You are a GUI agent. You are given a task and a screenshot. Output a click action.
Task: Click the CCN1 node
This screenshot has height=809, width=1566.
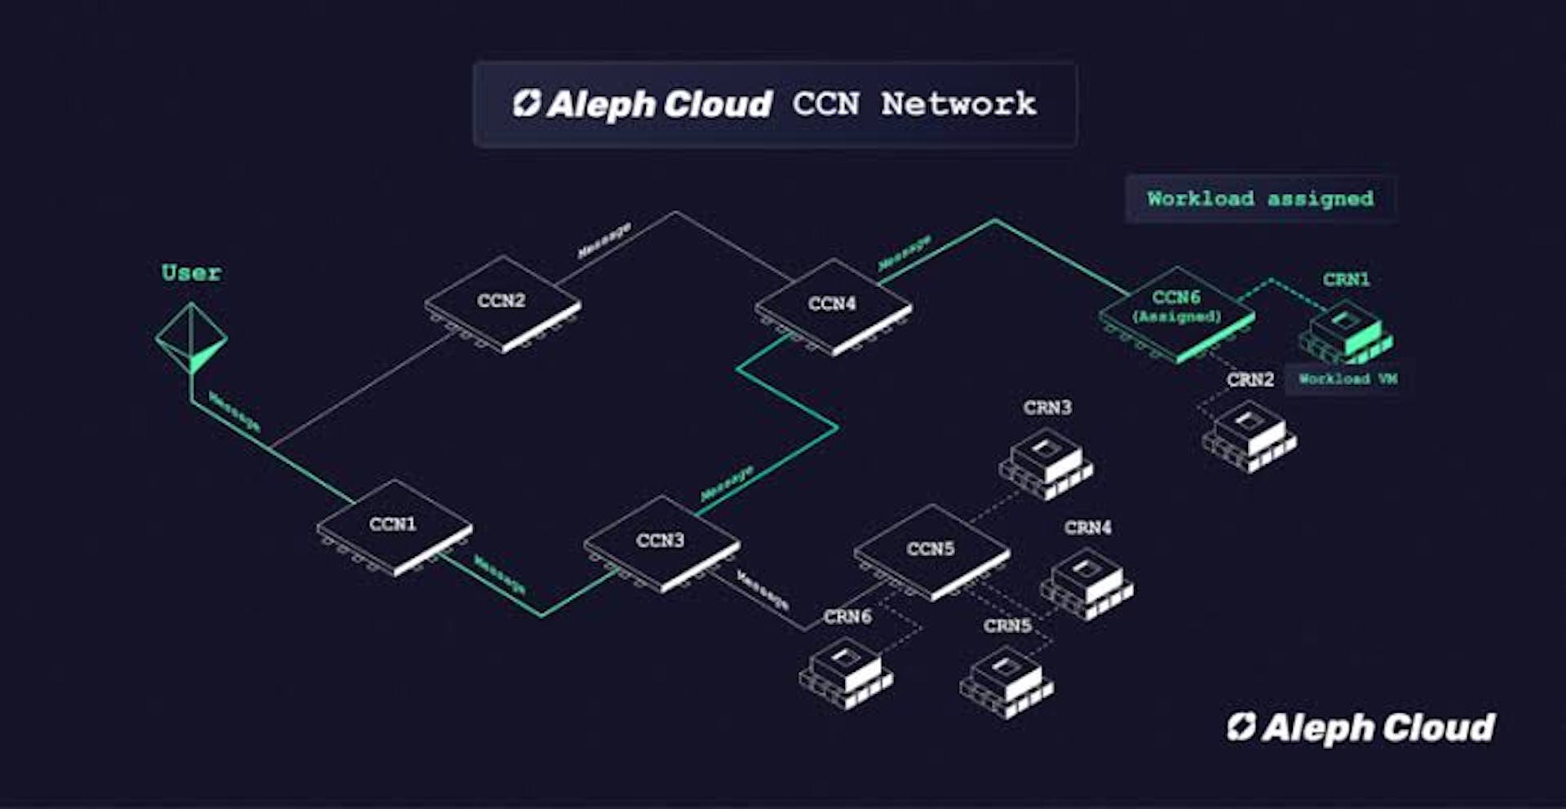click(394, 526)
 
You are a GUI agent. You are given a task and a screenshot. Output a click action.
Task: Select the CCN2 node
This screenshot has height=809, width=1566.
click(502, 303)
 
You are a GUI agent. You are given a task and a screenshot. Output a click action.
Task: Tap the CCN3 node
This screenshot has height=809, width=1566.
click(661, 542)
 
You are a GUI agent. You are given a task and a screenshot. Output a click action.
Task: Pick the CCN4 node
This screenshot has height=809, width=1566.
click(833, 306)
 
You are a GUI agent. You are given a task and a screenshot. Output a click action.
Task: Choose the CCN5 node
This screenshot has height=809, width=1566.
click(931, 551)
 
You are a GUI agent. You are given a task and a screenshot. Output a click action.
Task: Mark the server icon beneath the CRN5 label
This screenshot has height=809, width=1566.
click(1006, 680)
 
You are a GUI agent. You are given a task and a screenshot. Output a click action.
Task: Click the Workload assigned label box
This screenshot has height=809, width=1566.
click(1260, 198)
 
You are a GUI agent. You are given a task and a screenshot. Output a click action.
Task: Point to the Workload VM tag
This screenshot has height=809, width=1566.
click(1347, 379)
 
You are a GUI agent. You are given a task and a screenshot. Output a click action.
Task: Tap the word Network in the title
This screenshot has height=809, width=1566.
click(958, 104)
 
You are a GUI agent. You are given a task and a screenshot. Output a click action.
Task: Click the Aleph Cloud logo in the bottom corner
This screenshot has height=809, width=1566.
click(1361, 728)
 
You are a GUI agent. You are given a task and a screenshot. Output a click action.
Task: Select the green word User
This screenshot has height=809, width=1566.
click(191, 272)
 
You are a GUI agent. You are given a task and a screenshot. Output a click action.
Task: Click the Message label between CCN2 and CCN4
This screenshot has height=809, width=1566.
click(604, 240)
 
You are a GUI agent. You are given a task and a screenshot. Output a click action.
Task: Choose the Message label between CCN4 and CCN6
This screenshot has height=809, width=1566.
click(905, 252)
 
